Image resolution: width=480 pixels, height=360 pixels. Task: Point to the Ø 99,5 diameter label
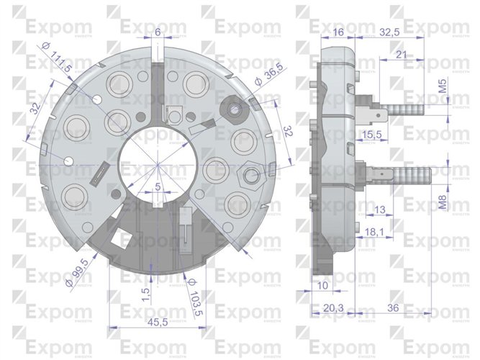click(79, 271)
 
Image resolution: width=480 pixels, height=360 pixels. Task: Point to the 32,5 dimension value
click(389, 32)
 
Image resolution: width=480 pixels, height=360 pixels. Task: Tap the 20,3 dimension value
click(332, 308)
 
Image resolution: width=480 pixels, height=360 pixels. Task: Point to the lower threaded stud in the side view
click(410, 175)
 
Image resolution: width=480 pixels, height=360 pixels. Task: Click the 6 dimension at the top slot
click(158, 32)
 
